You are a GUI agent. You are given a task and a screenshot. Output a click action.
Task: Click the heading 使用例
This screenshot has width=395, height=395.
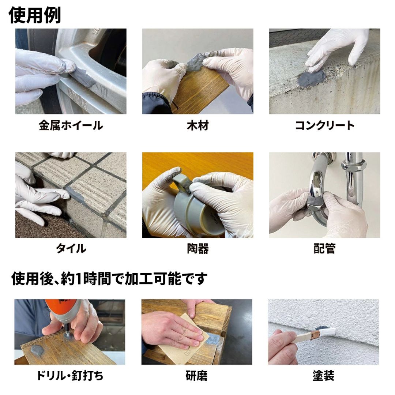[35, 15]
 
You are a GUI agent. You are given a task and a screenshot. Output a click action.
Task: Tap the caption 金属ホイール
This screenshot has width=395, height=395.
[71, 125]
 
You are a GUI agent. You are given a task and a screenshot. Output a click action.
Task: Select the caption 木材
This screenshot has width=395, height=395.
[198, 125]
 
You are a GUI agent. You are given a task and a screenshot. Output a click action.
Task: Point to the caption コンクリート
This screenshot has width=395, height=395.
[325, 125]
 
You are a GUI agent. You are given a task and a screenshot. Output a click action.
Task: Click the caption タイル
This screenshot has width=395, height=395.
[71, 249]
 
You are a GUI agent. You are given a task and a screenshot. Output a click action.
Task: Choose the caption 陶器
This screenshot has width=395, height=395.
[198, 249]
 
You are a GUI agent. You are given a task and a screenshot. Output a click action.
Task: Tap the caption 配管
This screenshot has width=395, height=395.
[325, 249]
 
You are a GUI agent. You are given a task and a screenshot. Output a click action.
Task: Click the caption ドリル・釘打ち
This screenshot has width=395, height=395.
[70, 376]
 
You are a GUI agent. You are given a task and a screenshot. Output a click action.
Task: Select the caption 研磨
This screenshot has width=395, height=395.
[196, 376]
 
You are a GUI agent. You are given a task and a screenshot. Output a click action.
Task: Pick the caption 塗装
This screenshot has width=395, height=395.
[323, 376]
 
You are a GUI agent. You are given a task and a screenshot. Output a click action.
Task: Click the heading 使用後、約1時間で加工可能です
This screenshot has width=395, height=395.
[109, 279]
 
